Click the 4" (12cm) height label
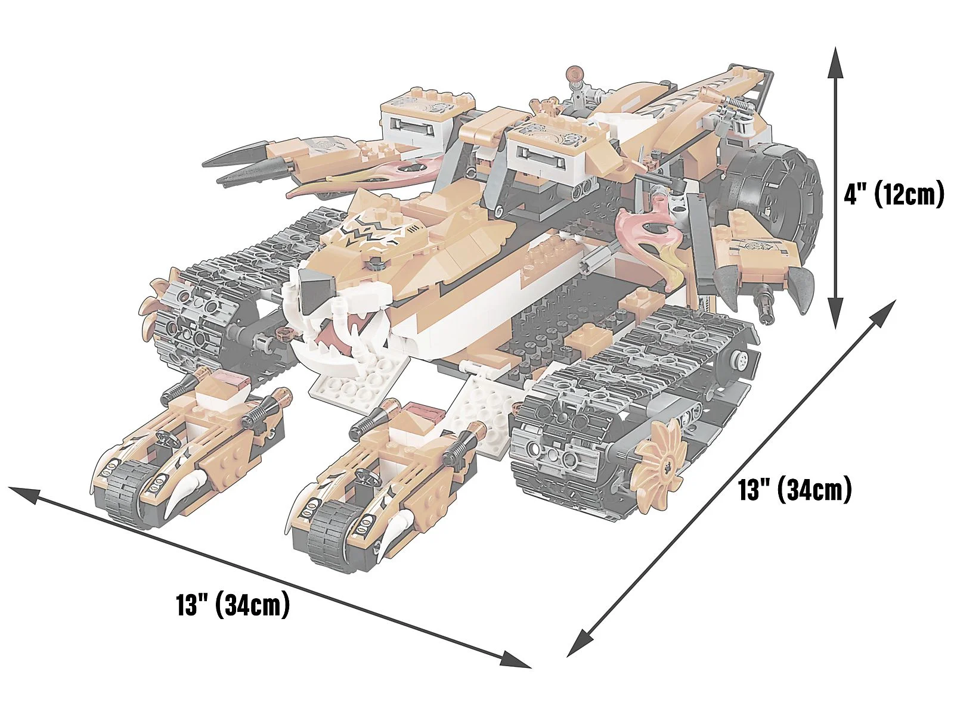click(894, 194)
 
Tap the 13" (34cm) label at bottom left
click(233, 605)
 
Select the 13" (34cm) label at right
click(795, 490)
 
